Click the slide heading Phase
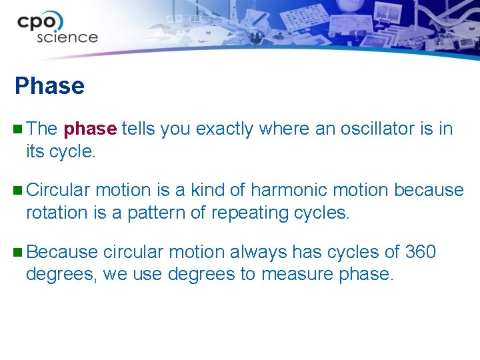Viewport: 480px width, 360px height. [49, 86]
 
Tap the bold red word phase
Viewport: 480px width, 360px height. [91, 129]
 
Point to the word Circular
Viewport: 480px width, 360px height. [58, 190]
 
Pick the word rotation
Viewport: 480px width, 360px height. [57, 213]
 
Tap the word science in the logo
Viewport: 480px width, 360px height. [67, 37]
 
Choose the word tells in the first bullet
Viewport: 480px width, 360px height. [137, 129]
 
